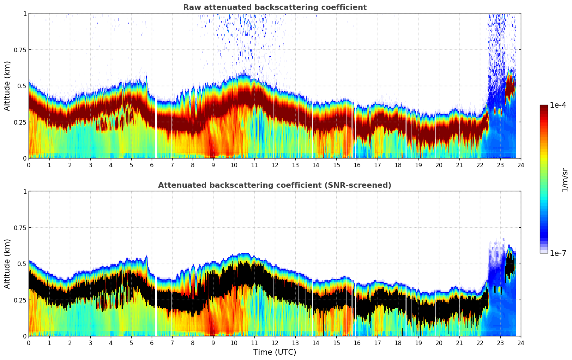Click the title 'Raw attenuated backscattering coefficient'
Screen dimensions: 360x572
point(275,7)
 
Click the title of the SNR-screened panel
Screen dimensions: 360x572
point(275,185)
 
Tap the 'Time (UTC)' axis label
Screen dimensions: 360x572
point(275,352)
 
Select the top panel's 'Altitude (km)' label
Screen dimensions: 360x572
point(7,86)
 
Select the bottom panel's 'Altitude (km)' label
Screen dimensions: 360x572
point(7,264)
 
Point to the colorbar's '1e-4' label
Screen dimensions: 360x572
point(558,105)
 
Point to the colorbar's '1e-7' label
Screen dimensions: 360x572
point(558,253)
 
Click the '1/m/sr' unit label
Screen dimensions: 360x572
point(565,179)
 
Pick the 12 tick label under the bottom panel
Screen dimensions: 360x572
point(275,343)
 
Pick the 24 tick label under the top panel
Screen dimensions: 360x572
point(521,165)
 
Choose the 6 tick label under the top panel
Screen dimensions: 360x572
point(152,165)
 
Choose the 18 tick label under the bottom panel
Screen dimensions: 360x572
point(398,343)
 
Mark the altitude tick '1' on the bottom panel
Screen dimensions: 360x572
point(25,192)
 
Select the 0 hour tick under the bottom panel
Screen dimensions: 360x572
point(29,343)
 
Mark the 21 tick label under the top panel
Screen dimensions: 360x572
point(459,165)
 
